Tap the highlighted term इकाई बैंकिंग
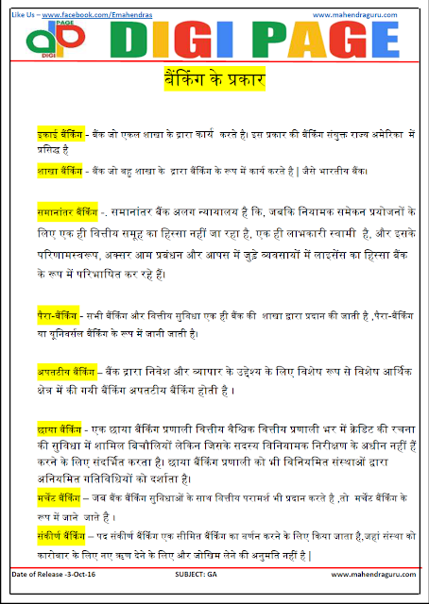coord(58,133)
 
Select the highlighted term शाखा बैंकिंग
coord(58,170)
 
